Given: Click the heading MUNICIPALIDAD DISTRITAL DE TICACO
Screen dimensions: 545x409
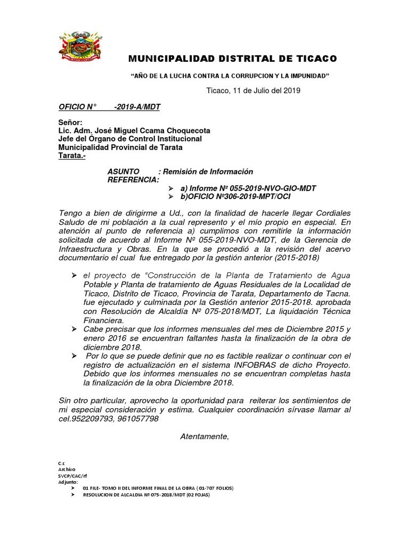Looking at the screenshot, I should tap(234, 58).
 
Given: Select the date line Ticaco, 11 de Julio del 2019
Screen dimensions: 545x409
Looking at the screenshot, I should tap(253, 90).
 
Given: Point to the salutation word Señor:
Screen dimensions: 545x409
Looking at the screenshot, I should tap(70, 122).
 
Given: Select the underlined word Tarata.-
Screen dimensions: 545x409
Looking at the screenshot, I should tap(71, 156).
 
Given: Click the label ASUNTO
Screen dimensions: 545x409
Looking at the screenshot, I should tap(124, 171).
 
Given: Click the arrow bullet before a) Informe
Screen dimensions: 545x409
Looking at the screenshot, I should tap(170, 188).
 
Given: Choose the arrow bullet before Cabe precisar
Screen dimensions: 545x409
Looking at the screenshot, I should tap(74, 330).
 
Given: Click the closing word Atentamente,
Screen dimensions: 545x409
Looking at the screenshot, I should tap(204, 436).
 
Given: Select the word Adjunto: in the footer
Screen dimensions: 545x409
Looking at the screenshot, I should tap(68, 482).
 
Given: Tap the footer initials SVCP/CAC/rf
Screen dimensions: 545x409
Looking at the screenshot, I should tap(73, 475).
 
